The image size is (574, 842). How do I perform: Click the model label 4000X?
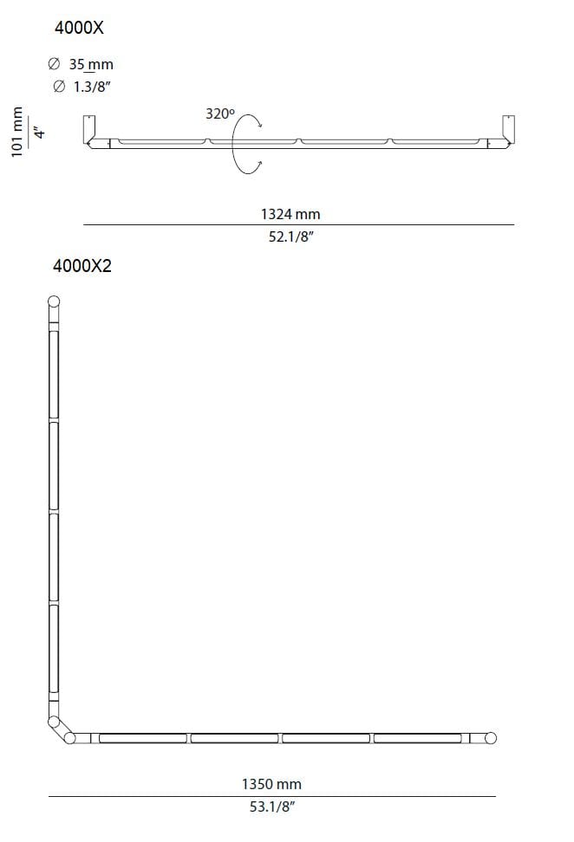tap(79, 28)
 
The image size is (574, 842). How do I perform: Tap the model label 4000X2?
tap(82, 266)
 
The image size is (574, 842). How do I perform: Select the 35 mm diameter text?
tap(91, 64)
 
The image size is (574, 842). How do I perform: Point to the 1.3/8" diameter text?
tap(92, 87)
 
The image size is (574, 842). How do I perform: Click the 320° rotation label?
tap(220, 113)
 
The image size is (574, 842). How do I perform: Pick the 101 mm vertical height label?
tap(17, 132)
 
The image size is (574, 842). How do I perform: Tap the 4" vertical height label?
tap(39, 132)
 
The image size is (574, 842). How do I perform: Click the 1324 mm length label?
tap(290, 214)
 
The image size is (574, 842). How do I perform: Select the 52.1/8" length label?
tap(290, 236)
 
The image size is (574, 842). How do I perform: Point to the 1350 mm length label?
tap(271, 784)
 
